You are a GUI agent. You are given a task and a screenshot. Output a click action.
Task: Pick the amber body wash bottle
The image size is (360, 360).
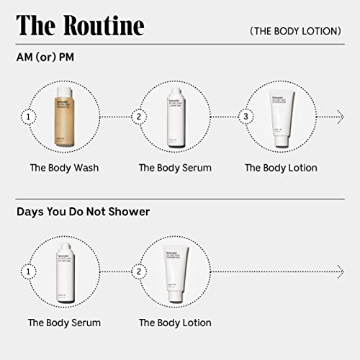pyautogui.click(x=64, y=116)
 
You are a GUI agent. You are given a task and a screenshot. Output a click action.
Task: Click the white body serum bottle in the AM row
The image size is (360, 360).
pyautogui.click(x=175, y=116)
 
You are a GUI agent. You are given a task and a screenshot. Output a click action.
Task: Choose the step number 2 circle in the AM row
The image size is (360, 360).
pyautogui.click(x=139, y=116)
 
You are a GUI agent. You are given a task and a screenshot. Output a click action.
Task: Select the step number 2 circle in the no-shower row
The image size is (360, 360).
pyautogui.click(x=139, y=271)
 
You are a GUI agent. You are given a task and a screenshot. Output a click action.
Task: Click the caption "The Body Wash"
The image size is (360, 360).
pyautogui.click(x=64, y=168)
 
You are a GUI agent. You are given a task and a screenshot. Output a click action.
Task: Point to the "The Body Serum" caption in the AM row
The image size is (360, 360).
pyautogui.click(x=175, y=168)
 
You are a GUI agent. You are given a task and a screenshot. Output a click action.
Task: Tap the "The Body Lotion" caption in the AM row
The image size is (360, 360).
pyautogui.click(x=281, y=168)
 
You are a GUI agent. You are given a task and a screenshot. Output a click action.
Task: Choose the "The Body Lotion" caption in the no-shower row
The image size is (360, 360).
pyautogui.click(x=175, y=323)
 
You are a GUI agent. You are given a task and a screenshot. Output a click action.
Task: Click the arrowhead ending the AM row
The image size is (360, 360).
pyautogui.click(x=341, y=116)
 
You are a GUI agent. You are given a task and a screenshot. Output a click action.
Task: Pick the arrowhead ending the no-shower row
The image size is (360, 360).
pyautogui.click(x=341, y=271)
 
